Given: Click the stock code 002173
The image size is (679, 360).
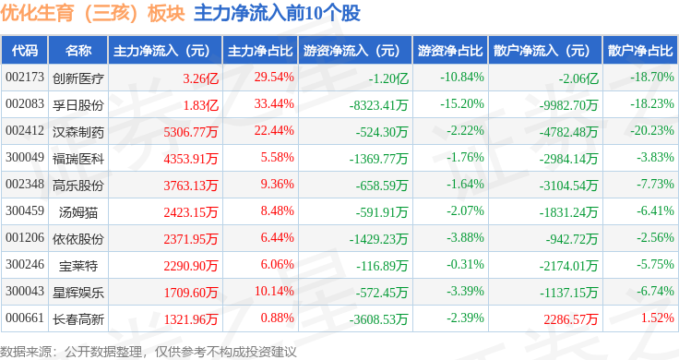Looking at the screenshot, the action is [25, 78].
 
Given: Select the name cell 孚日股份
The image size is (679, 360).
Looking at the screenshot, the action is [78, 105].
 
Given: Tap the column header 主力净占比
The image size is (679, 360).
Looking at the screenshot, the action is [260, 51].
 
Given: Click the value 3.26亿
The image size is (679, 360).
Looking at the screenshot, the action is [200, 78].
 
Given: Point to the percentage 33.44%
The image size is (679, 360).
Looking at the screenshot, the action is [274, 104].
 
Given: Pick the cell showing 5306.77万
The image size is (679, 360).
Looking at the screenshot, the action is [191, 132].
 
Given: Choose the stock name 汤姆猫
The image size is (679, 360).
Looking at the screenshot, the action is [78, 212].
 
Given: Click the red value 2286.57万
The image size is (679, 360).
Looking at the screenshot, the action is [571, 319].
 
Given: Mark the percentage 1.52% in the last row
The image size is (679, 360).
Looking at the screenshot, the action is [658, 318].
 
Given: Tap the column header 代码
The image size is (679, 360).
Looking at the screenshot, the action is [25, 51].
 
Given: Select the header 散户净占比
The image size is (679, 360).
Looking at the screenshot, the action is [640, 51].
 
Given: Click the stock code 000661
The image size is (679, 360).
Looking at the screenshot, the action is [25, 318].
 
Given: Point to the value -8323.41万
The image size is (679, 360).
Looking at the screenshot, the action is [379, 105].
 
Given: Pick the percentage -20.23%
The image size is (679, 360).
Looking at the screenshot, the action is [652, 130].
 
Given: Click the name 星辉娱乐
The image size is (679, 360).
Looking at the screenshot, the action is [78, 293].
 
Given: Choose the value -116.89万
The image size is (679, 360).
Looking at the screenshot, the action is [382, 266].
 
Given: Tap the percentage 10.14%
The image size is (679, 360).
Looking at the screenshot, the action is [274, 291].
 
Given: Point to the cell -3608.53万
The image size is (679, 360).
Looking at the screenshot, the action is [379, 319].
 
